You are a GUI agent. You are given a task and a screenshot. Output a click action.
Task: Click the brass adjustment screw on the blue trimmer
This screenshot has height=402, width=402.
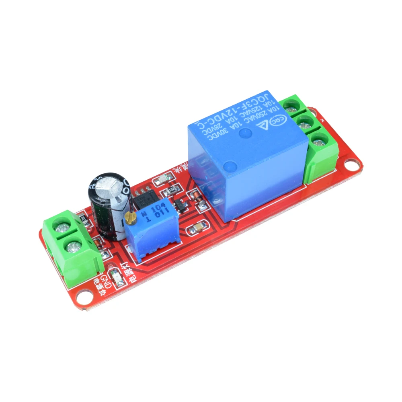[130, 218]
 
